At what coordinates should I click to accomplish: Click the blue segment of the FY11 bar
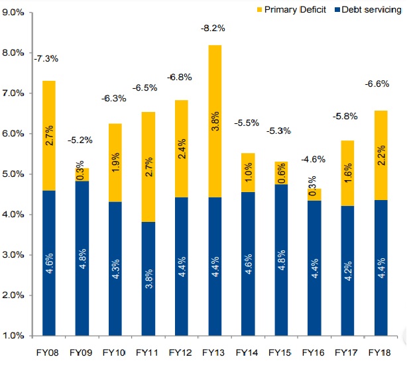148,278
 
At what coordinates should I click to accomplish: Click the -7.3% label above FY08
46,58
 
